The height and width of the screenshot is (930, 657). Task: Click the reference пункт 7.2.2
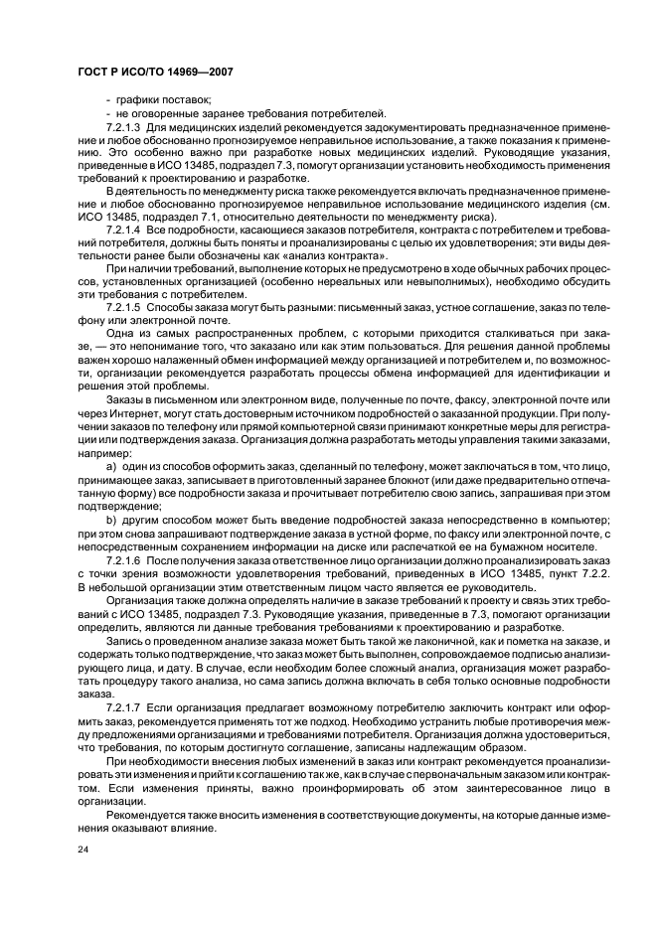point(578,574)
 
